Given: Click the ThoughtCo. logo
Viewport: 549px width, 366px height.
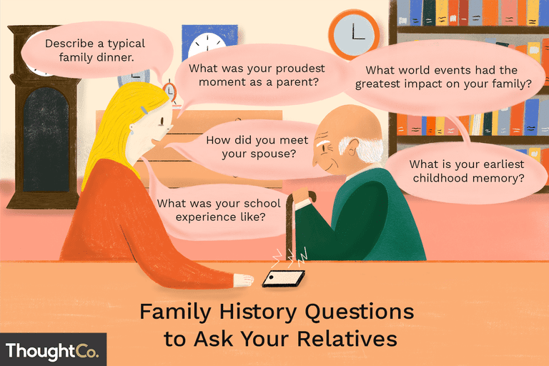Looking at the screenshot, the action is tap(51, 351).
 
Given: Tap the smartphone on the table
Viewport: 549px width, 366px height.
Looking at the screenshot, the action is tap(284, 279).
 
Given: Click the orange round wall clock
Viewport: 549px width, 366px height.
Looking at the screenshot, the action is tap(354, 34).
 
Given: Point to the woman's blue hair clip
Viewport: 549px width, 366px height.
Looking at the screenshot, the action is tap(144, 110).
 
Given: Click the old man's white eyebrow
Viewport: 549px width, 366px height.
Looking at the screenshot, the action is tap(324, 144).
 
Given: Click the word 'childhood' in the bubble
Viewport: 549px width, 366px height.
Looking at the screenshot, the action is tap(440, 178).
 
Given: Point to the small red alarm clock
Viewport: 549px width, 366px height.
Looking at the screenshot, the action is tap(169, 90).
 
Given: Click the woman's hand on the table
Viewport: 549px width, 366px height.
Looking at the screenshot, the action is tap(243, 280).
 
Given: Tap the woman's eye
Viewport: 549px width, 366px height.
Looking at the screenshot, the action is tap(162, 122).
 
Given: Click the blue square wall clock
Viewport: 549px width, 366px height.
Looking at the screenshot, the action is tap(209, 41).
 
